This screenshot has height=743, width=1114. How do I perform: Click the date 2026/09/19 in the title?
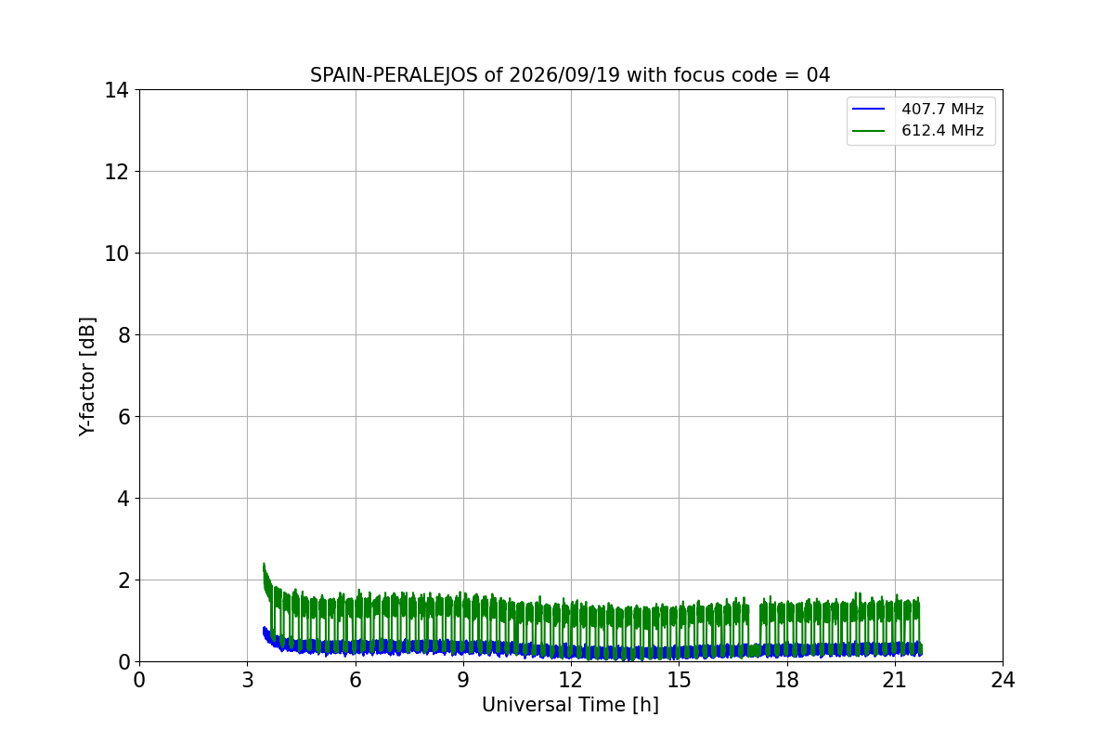564,75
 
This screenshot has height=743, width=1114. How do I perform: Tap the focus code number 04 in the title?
818,75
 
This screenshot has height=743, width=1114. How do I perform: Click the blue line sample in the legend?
868,109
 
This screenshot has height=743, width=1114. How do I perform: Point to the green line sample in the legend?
868,131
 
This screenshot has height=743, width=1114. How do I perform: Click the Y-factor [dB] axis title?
87,377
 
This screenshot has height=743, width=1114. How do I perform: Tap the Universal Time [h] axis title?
570,705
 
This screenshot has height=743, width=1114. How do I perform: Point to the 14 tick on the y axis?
116,91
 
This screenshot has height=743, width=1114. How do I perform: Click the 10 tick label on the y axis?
116,254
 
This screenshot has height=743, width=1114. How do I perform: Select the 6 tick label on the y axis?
123,417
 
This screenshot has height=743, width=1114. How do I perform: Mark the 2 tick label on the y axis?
123,580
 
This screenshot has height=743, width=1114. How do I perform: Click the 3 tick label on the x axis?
248,680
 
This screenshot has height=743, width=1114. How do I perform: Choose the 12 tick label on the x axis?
571,680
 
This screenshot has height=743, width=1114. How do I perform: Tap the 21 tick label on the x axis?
895,680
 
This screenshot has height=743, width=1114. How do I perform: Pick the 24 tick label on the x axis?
1004,680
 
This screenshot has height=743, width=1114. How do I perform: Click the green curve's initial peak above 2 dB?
264,565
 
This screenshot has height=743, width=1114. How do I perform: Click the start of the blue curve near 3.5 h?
264,630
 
